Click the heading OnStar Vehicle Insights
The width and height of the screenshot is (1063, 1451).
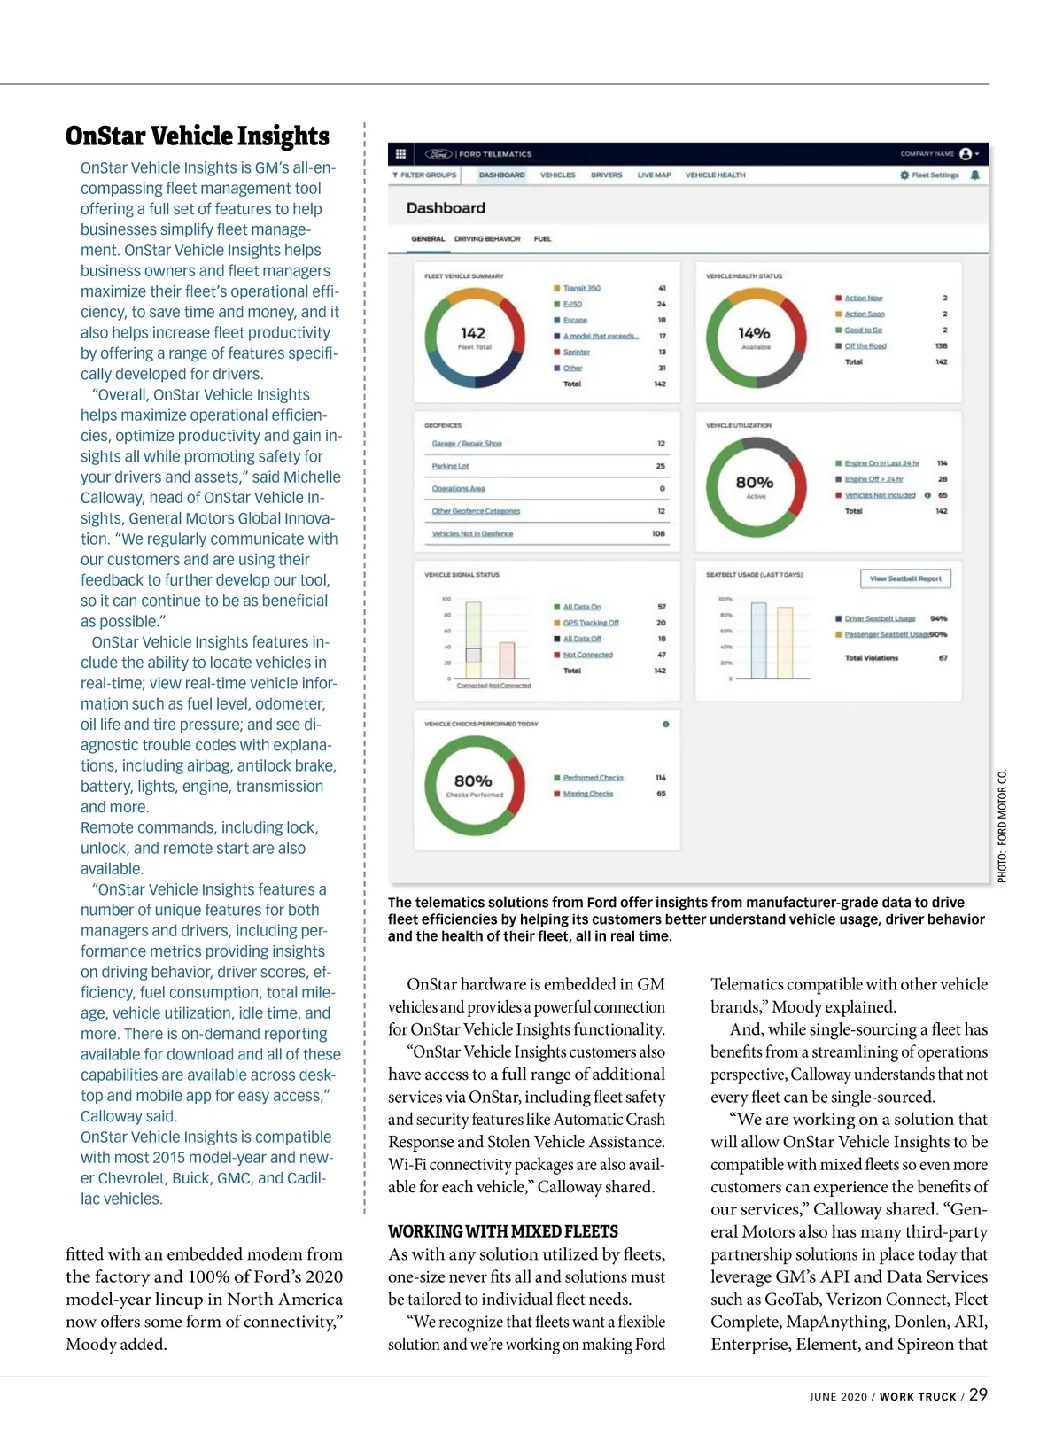(197, 136)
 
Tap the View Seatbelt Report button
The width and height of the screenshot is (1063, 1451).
(904, 578)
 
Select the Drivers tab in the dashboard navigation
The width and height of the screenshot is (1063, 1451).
(606, 175)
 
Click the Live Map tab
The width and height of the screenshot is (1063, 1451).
(654, 175)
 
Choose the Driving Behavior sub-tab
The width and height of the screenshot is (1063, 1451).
(487, 238)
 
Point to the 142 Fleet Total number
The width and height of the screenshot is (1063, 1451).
(473, 334)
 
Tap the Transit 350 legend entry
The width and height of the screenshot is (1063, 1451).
(581, 288)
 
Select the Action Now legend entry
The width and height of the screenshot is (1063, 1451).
(863, 298)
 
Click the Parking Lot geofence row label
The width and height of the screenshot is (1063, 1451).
(450, 466)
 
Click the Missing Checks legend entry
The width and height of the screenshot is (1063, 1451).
(587, 794)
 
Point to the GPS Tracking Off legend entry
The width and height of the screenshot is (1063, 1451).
(590, 623)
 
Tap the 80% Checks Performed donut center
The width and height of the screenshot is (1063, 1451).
(473, 781)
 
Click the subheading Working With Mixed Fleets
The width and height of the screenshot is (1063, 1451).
(502, 1231)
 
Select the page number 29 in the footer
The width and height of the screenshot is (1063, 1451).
(978, 1394)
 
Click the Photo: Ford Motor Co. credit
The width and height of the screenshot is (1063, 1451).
(1002, 826)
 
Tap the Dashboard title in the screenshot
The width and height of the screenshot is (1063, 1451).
(446, 208)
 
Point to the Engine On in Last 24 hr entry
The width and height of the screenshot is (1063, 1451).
(881, 463)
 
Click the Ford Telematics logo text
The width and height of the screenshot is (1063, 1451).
(494, 154)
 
